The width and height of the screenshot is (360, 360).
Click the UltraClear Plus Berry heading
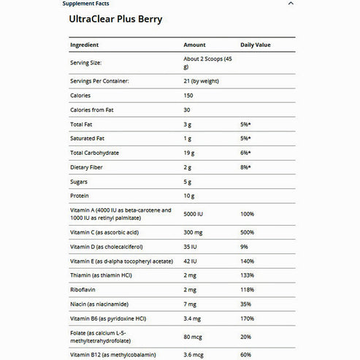click(126, 20)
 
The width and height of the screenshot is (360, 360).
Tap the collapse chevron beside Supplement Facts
click(291, 3)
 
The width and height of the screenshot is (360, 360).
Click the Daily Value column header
click(256, 45)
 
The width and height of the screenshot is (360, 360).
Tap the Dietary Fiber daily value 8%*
click(246, 167)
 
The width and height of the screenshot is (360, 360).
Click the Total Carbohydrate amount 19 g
click(191, 153)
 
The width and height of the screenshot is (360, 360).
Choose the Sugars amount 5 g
click(188, 181)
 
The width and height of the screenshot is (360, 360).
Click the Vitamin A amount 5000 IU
click(195, 215)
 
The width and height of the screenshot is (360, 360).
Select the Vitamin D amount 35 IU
click(191, 246)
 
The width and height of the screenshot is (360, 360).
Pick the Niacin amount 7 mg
click(191, 304)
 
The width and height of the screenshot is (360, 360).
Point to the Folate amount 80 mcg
click(193, 337)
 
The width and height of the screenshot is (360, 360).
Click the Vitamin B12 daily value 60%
click(245, 353)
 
